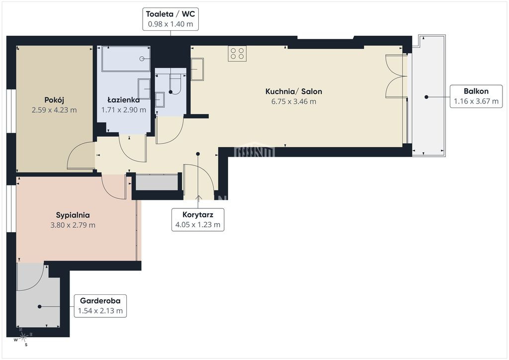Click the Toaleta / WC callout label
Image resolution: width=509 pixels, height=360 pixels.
coord(170,19)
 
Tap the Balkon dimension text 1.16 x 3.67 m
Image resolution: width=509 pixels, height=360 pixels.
coord(476,101)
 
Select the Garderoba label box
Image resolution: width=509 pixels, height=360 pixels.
coord(100,306)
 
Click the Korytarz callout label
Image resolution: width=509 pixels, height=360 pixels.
coord(198,220)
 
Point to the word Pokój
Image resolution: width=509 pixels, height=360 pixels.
coord(54,100)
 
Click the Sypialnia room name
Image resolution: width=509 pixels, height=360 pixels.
coord(73,215)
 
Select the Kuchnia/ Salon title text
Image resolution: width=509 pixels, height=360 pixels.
coord(294,91)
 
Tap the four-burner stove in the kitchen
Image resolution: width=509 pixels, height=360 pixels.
coord(237,54)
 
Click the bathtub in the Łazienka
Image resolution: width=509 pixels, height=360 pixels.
coord(126,59)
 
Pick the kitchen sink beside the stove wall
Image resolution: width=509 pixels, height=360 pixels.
coord(197,69)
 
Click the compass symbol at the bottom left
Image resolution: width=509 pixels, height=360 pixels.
coord(23,338)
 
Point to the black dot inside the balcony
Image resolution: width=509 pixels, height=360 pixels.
coord(426,97)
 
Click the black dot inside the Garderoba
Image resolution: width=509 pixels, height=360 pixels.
coord(39,306)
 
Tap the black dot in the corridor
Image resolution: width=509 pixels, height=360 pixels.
coord(198,154)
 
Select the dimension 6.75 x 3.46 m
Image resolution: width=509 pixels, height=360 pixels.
coord(294,101)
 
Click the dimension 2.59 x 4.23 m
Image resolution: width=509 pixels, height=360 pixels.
coord(54,110)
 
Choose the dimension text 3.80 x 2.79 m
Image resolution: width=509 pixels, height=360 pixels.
coord(73,225)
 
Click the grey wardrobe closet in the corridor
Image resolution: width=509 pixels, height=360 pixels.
coord(157,182)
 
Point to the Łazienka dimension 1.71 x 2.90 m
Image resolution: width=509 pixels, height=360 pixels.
coord(124,110)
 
